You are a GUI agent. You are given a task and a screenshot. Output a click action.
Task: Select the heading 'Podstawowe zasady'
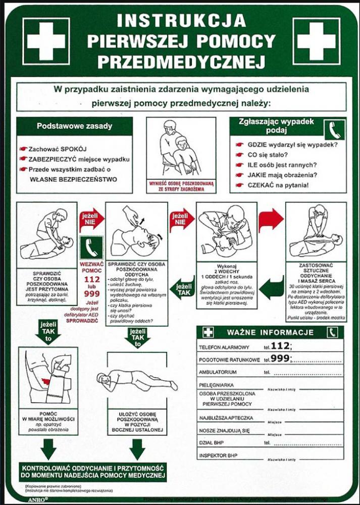tap(74, 126)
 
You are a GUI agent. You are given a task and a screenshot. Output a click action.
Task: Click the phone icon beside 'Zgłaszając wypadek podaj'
tap(335, 129)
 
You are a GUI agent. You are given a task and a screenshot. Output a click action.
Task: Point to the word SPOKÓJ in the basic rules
tap(74, 149)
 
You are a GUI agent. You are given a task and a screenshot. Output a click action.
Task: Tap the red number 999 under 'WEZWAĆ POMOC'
tap(91, 293)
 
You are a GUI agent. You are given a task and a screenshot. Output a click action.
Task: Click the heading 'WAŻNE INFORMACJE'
tap(270, 333)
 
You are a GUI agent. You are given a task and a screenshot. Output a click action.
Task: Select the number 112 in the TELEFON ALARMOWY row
tap(280, 346)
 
